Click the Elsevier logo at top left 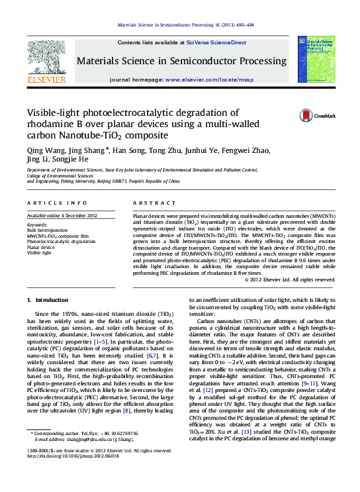pyautogui.click(x=46, y=64)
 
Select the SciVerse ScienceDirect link pyautogui.click(x=216, y=42)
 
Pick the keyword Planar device pyautogui.click(x=42, y=247)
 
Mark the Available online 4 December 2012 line pyautogui.click(x=62, y=216)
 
